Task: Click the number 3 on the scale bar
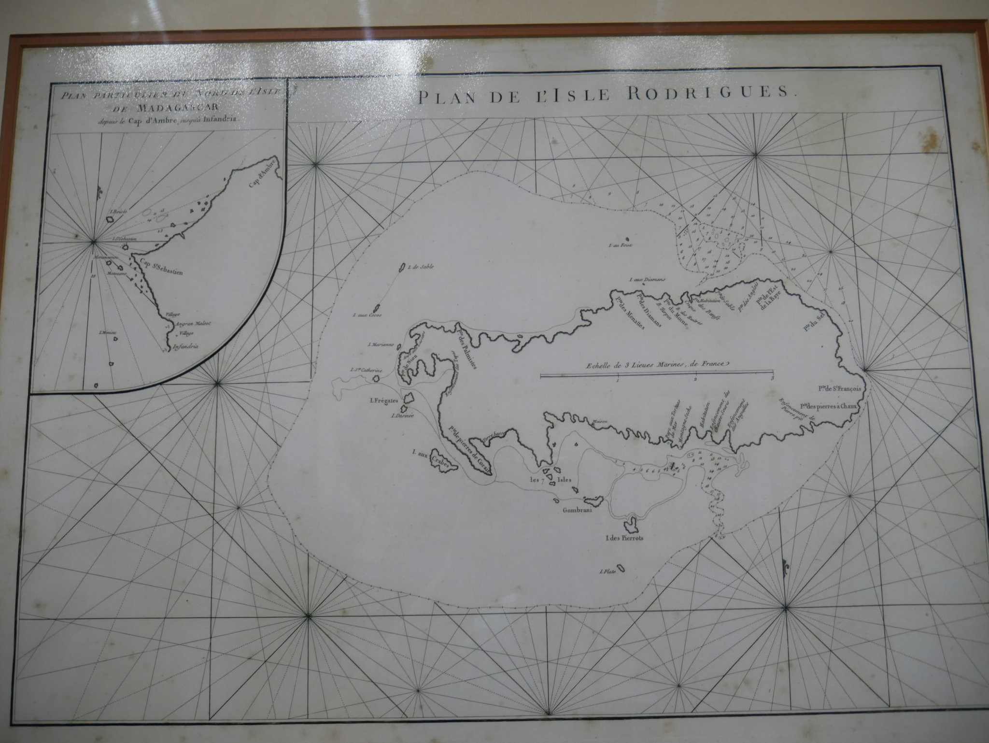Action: (772, 378)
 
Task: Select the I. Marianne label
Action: (381, 345)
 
